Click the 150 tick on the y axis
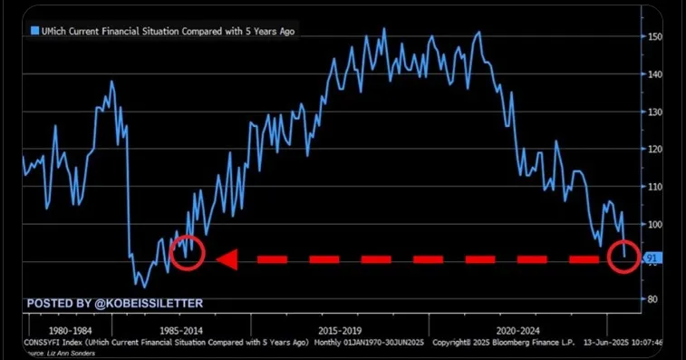[655, 37]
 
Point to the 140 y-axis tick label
[655, 74]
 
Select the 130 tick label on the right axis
[655, 112]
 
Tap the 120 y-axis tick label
[655, 149]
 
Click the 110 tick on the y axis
[655, 186]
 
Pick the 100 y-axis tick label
[655, 224]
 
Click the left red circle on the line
[187, 256]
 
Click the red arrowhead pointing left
[227, 259]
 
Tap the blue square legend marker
[34, 31]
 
